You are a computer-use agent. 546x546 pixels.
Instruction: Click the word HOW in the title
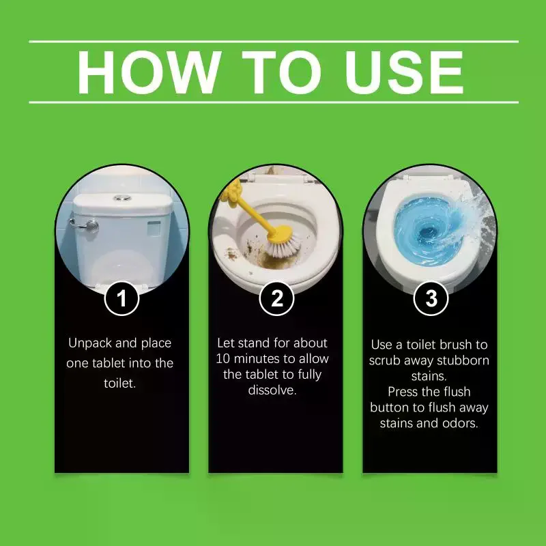(149, 72)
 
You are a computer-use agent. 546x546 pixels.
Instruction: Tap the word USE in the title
(404, 72)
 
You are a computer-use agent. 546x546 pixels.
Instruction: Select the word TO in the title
(281, 72)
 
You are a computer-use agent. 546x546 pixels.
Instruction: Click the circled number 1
(121, 298)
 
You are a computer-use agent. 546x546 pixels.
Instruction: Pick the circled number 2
(277, 298)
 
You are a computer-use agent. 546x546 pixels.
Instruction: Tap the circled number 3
(431, 298)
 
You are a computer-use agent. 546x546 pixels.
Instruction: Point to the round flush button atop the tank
(122, 198)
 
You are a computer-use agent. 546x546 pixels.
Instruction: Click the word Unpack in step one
(90, 343)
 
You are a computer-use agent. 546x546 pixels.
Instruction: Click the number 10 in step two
(223, 359)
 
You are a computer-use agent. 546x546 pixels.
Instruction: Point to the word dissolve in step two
(272, 390)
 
